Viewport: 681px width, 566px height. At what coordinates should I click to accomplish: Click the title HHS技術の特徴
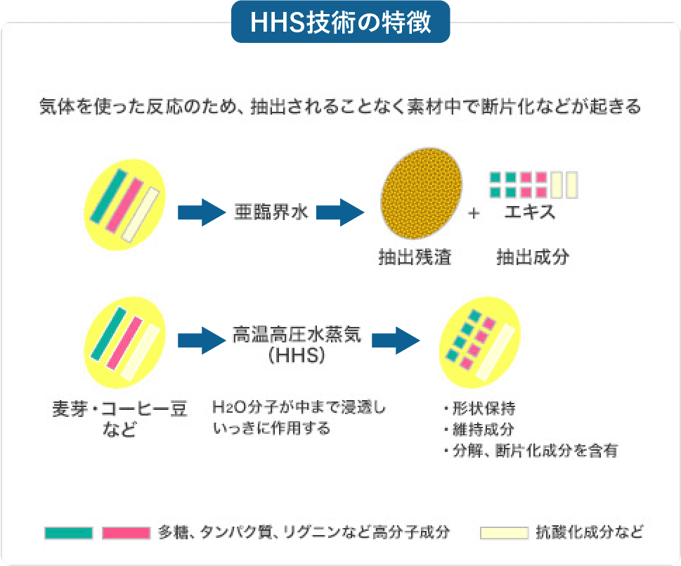pos(340,22)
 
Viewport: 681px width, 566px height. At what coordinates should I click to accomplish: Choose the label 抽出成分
pos(532,258)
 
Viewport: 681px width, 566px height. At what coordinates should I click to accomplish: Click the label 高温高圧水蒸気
pos(297,334)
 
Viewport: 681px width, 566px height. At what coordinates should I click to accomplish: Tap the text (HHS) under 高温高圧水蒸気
pos(297,356)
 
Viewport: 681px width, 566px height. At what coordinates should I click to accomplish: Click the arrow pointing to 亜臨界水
pos(200,212)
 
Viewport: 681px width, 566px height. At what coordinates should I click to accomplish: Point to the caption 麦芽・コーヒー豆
pos(120,409)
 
